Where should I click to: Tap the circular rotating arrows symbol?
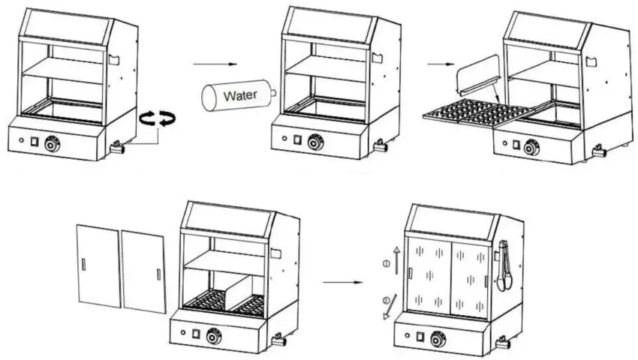(x=158, y=117)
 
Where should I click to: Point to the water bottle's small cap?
(x=273, y=92)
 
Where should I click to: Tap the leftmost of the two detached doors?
(x=99, y=266)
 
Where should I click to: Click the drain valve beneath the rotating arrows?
(x=117, y=148)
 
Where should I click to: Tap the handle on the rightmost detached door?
(x=158, y=274)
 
